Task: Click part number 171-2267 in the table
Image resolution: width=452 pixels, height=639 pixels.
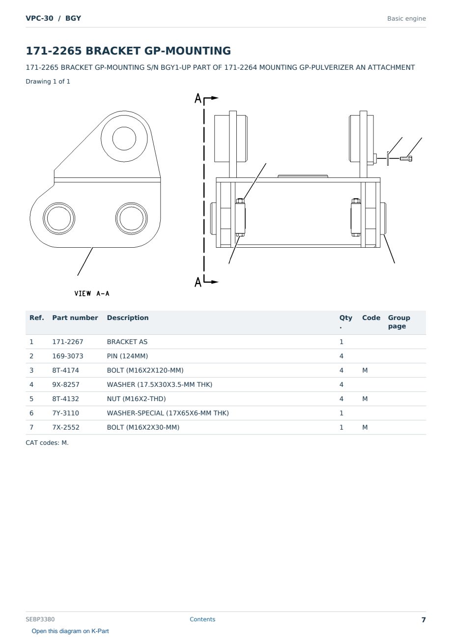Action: coord(68,342)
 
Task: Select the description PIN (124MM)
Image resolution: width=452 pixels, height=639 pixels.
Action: coord(127,356)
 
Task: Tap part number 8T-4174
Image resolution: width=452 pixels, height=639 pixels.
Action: coord(65,370)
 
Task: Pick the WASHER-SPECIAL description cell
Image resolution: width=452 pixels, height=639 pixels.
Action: coord(168,413)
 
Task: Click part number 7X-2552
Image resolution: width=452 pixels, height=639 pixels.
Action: coord(66,427)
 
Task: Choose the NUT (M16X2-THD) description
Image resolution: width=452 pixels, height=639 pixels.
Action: coord(136,399)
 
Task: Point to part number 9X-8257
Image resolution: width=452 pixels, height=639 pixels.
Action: coord(66,384)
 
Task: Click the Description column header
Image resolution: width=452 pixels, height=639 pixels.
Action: coord(128,318)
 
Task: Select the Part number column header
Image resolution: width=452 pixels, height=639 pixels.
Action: coord(75,318)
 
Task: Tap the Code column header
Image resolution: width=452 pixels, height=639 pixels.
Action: coord(371,318)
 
